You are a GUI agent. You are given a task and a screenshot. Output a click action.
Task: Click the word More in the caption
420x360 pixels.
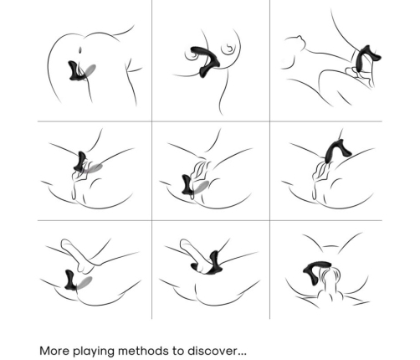point(54,351)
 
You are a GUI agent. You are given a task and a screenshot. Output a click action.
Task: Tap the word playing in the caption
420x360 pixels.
point(94,352)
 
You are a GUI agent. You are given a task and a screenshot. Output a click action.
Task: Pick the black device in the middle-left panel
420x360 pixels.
point(80,162)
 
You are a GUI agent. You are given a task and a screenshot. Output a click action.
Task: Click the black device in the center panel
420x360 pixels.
point(187,184)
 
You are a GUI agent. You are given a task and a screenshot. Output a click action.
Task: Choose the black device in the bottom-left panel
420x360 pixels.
point(70,280)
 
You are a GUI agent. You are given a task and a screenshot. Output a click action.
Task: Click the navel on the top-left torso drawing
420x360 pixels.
point(80,50)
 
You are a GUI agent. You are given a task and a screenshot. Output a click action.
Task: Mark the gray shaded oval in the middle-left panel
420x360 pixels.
point(94,168)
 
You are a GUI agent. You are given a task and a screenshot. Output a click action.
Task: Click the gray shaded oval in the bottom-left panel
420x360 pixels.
point(85,282)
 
